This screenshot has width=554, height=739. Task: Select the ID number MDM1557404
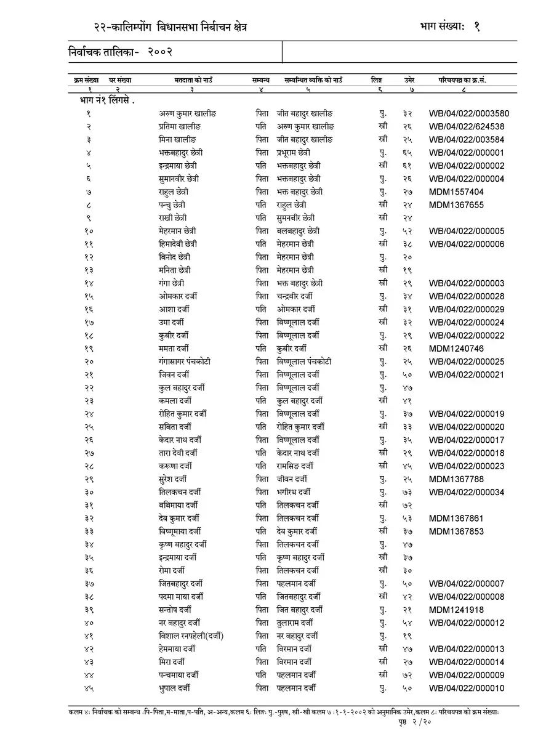[x=456, y=192]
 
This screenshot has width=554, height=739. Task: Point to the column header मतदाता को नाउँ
[x=193, y=80]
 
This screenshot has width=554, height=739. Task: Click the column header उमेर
[x=409, y=80]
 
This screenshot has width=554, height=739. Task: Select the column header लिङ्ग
[x=377, y=80]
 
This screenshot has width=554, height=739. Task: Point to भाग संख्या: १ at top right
[x=449, y=25]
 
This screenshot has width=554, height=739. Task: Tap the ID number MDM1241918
[x=456, y=610]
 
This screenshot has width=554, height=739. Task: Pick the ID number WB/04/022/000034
[x=467, y=492]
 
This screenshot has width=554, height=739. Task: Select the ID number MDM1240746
[x=456, y=349]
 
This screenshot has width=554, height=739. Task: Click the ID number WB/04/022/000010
[x=467, y=688]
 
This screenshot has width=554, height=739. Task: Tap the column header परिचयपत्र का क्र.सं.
[x=466, y=80]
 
